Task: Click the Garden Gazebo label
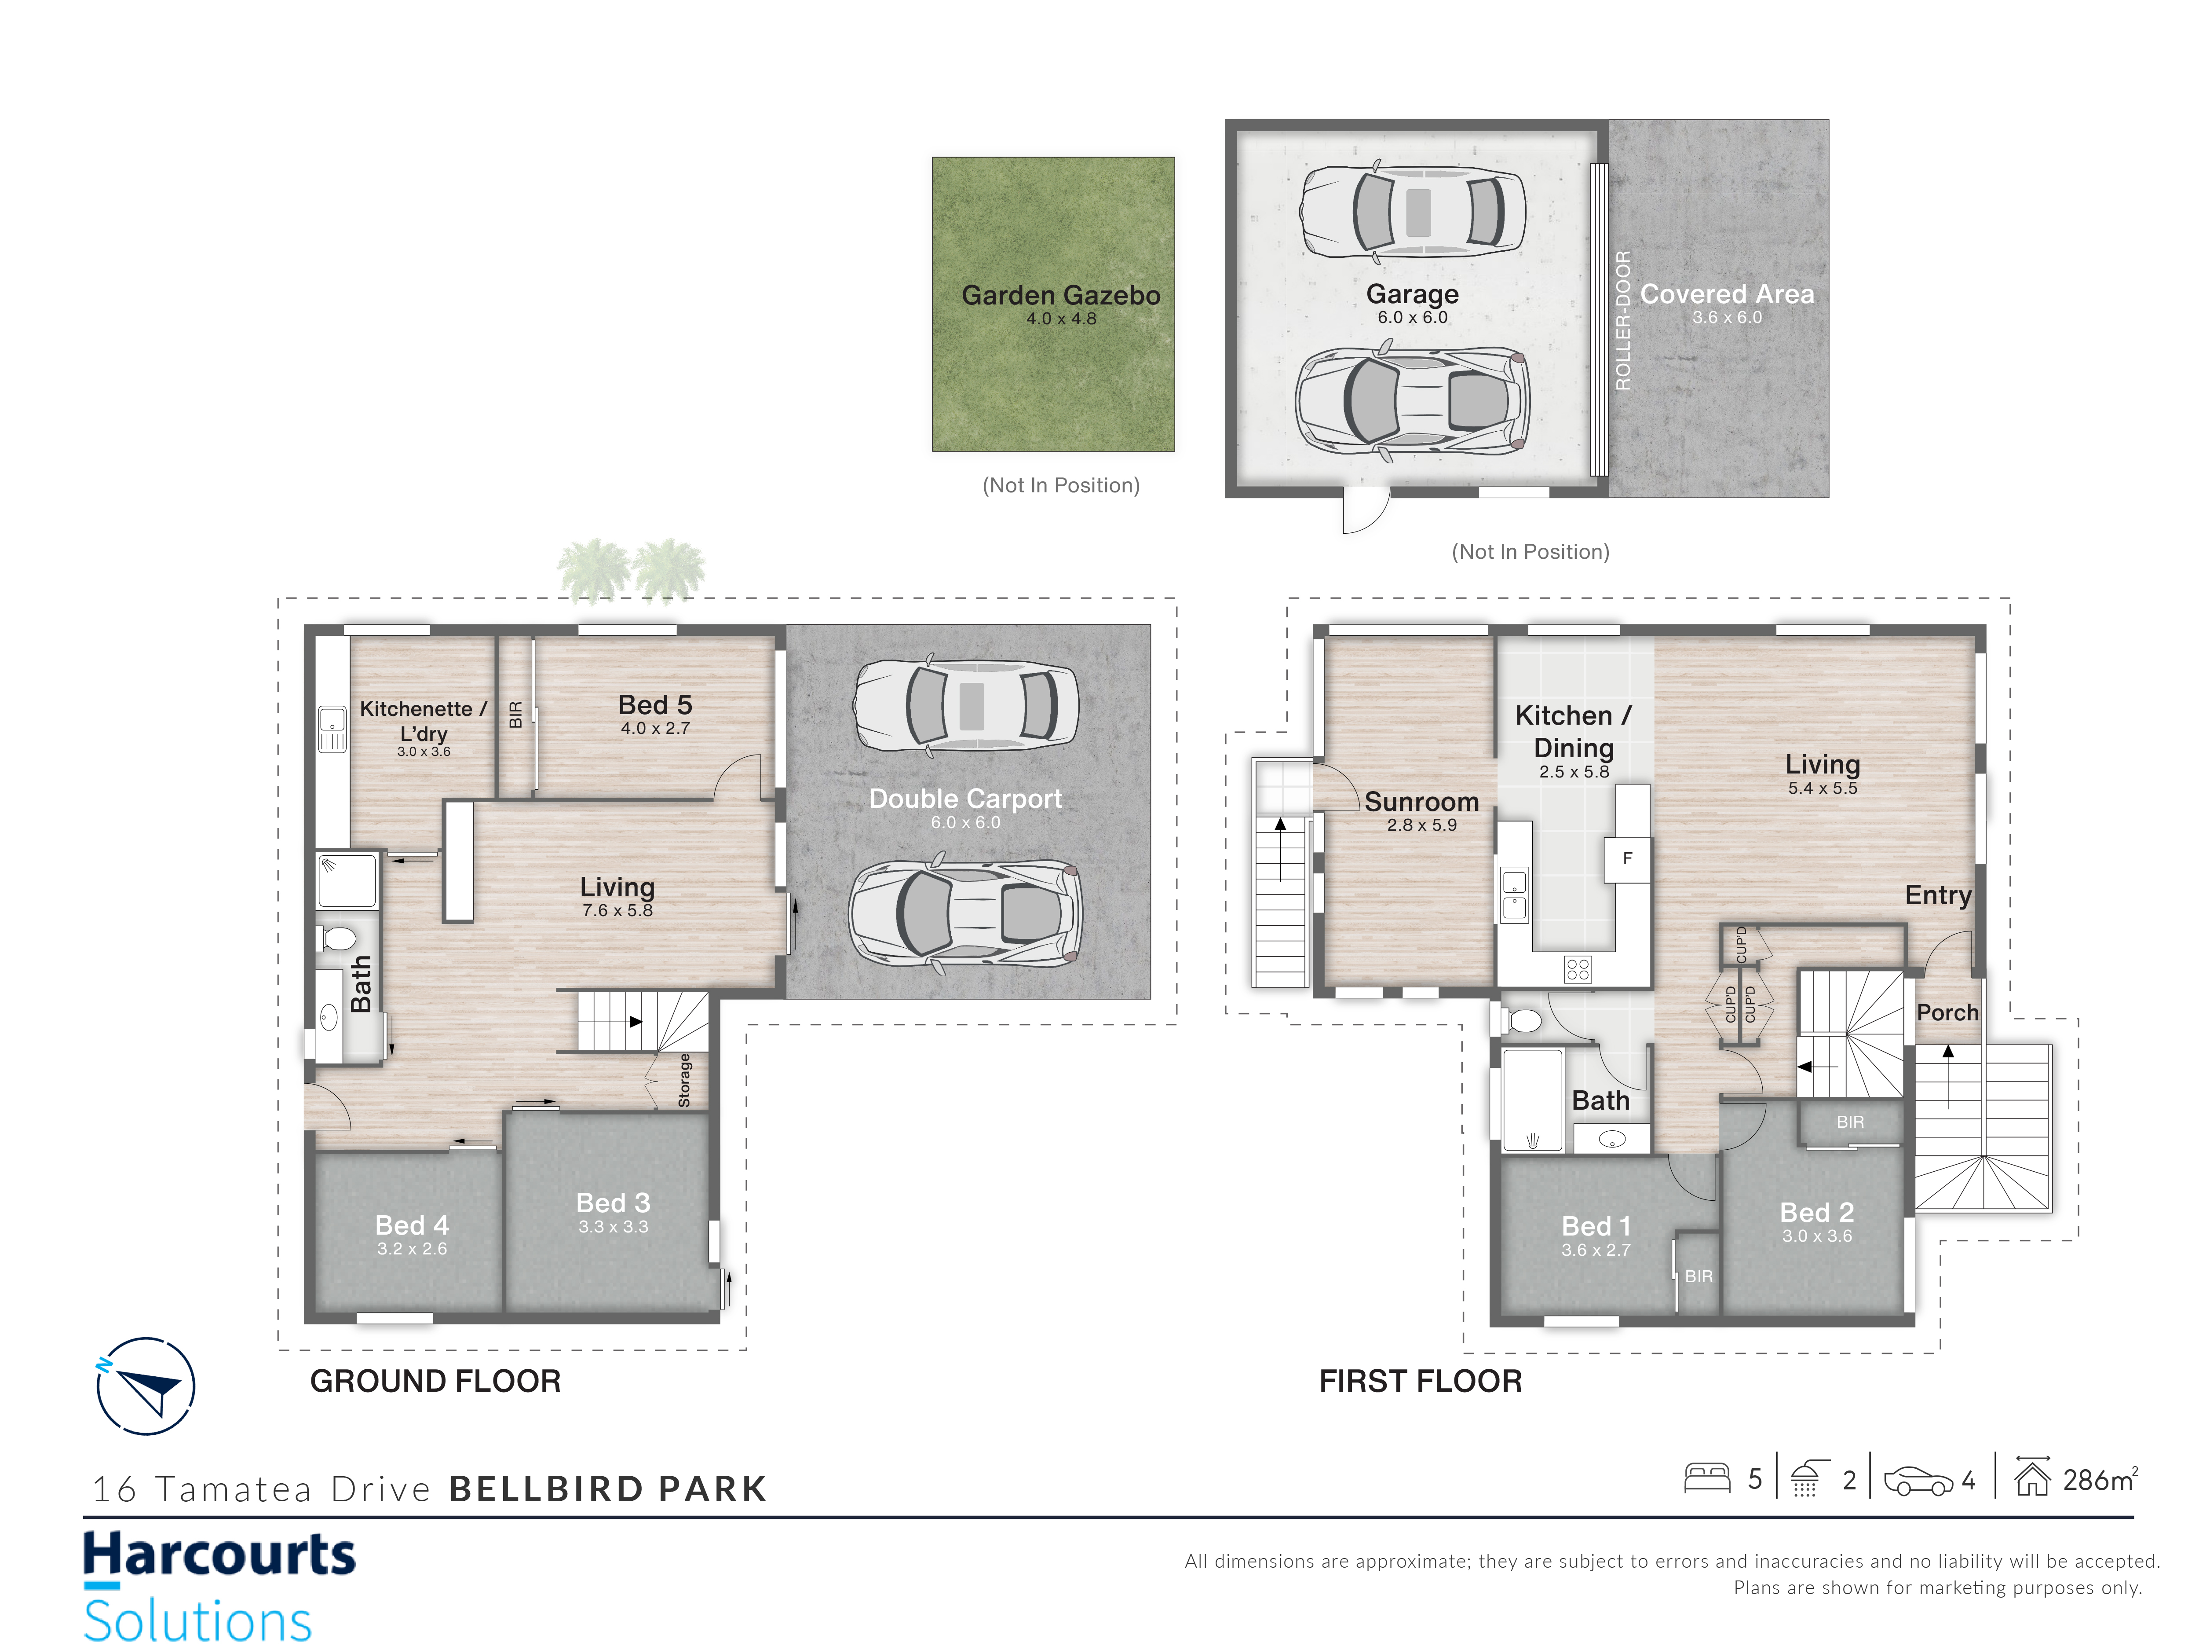pos(1061,295)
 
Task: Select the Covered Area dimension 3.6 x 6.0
pos(1727,317)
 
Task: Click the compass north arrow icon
pos(146,1386)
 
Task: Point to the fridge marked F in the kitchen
pos(1627,858)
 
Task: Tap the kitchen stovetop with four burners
pos(1578,969)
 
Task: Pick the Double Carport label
pos(965,799)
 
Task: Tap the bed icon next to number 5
pos(1707,1478)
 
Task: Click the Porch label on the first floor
pos(1947,1012)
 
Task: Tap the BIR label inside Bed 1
pos(1699,1276)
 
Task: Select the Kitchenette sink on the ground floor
pos(332,729)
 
